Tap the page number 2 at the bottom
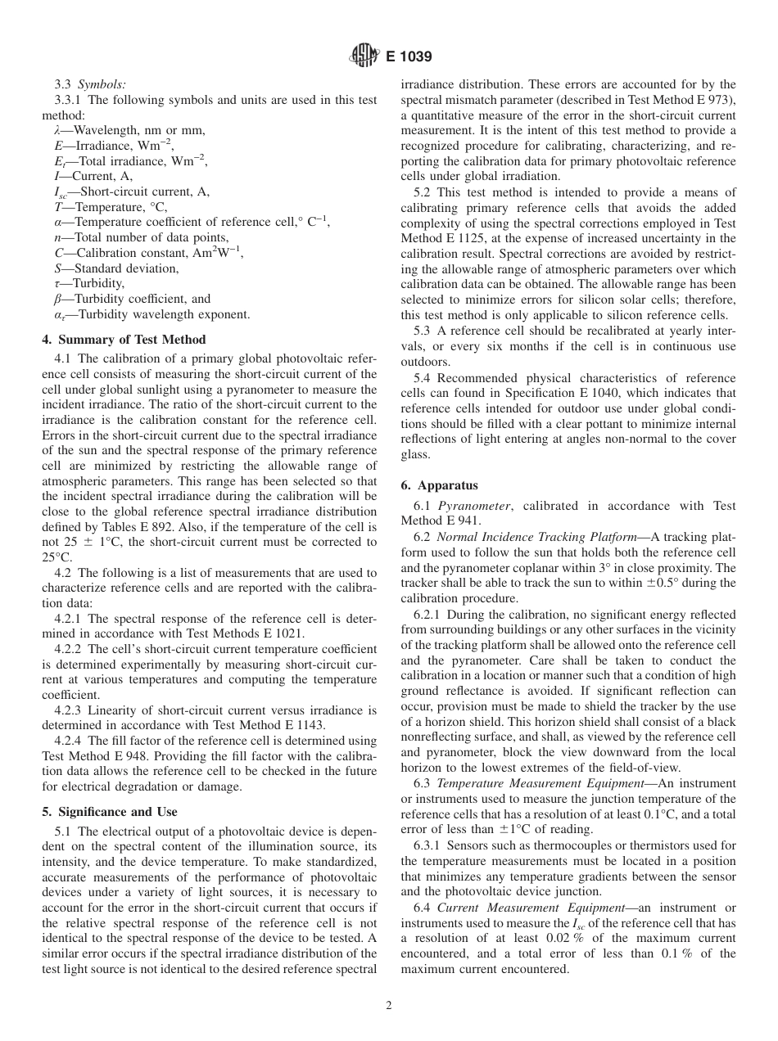(389, 1006)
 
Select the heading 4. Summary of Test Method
(124, 339)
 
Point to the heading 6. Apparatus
(439, 484)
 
